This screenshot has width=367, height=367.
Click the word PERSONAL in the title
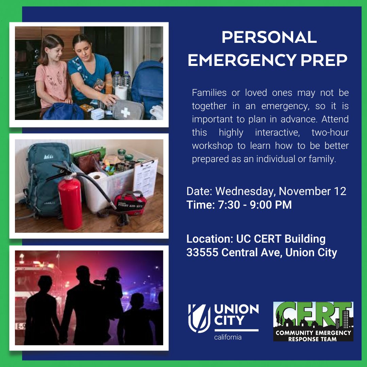pos(269,37)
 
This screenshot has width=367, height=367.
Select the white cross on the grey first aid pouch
pos(125,112)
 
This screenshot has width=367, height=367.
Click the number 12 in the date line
pos(339,191)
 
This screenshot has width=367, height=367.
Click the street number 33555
pos(201,252)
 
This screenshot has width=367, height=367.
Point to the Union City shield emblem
pos(199,318)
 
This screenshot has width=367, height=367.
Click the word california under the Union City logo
pos(228,337)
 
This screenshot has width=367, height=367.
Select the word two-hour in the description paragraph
pos(330,133)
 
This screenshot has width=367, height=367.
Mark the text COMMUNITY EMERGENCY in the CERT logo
pos(313,333)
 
